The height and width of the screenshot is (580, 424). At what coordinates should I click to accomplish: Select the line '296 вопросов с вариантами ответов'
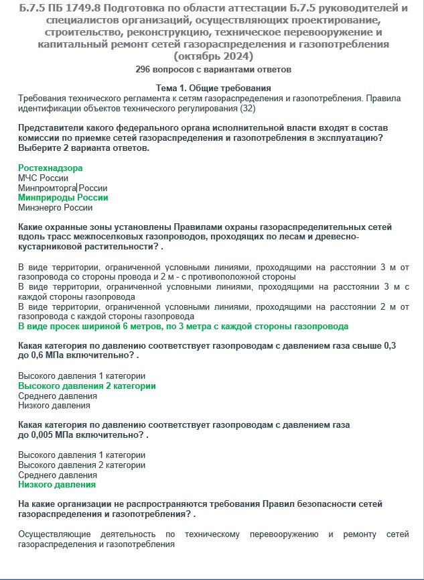(x=212, y=69)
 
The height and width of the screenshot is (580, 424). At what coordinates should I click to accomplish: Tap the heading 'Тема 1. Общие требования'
(x=212, y=89)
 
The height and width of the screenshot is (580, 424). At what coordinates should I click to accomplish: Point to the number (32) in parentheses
(x=247, y=107)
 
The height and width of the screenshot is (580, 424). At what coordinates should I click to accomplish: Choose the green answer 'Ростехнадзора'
(x=50, y=168)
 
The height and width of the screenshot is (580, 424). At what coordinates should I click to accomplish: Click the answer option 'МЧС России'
(x=43, y=178)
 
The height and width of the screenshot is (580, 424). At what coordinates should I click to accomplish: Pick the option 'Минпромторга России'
(x=62, y=188)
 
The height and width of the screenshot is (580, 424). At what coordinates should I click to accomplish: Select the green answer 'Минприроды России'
(x=63, y=198)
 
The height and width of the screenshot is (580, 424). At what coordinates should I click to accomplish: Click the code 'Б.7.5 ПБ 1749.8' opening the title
(x=58, y=8)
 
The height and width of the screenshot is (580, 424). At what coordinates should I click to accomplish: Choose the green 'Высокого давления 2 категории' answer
(x=86, y=386)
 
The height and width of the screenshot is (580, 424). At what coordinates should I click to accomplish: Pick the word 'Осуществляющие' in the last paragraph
(x=52, y=534)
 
